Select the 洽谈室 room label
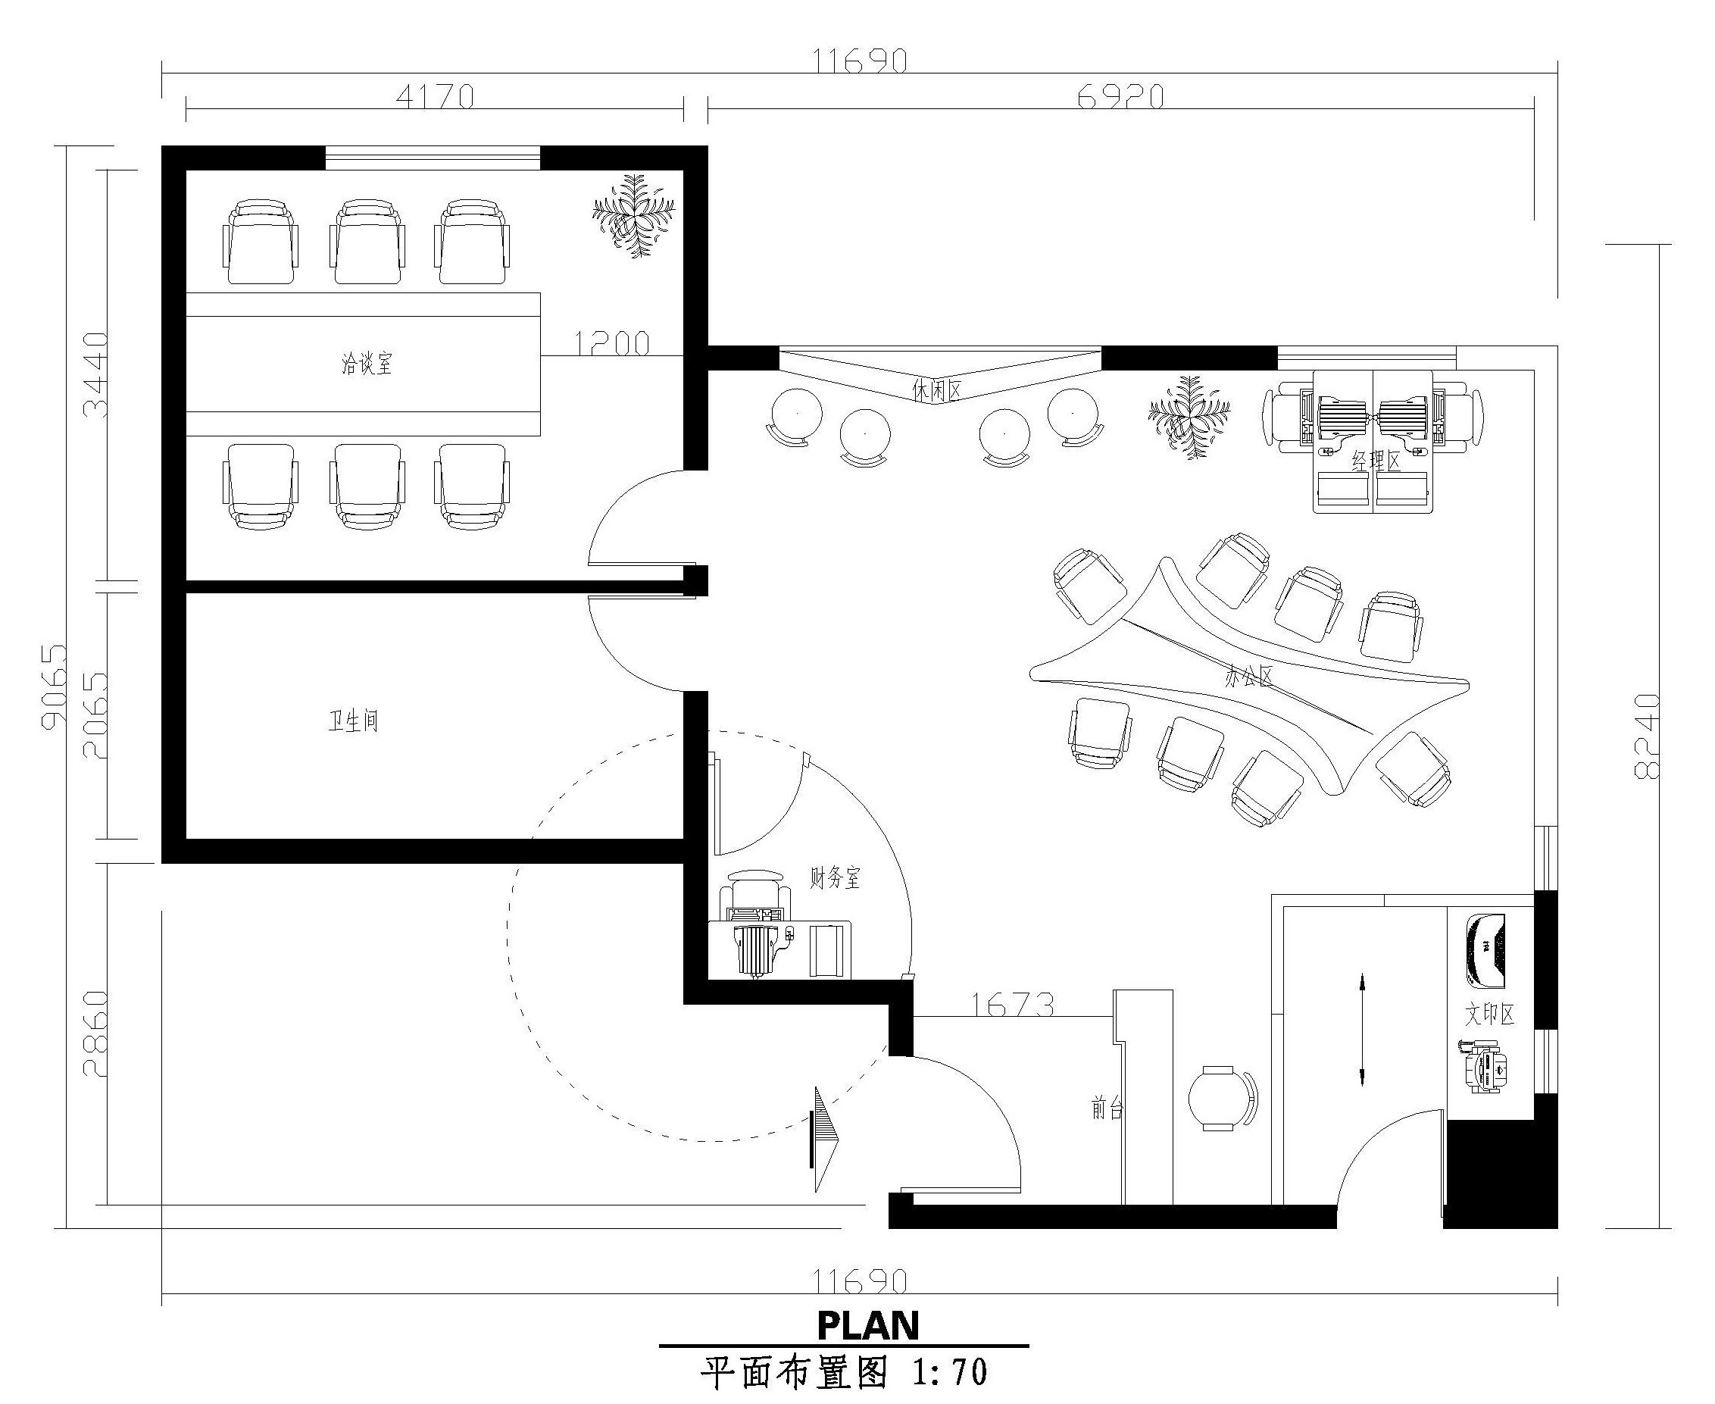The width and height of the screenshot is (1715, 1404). pos(367,363)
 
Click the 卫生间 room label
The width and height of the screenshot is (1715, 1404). pos(353,720)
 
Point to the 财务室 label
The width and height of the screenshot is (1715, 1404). pos(836,877)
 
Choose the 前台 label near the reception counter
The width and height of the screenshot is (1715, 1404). pos(1107,1108)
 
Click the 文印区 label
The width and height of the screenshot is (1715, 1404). pos(1489,1015)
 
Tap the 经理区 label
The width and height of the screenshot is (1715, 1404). pos(1376,461)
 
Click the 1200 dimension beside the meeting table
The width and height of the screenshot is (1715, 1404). pos(612,344)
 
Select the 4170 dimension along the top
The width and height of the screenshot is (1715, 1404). pos(435,96)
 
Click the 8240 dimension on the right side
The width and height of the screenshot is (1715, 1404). pos(1646,736)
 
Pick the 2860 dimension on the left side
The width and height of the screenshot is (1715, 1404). pos(95,1033)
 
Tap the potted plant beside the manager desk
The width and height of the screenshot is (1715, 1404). pos(1189,417)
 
